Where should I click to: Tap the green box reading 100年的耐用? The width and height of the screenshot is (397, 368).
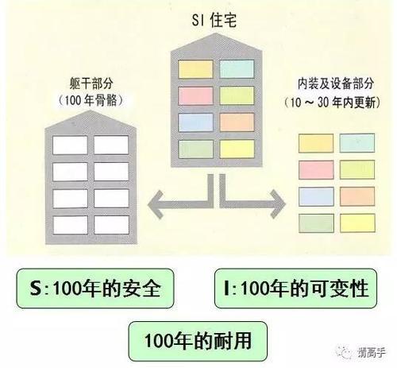[x=198, y=339]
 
